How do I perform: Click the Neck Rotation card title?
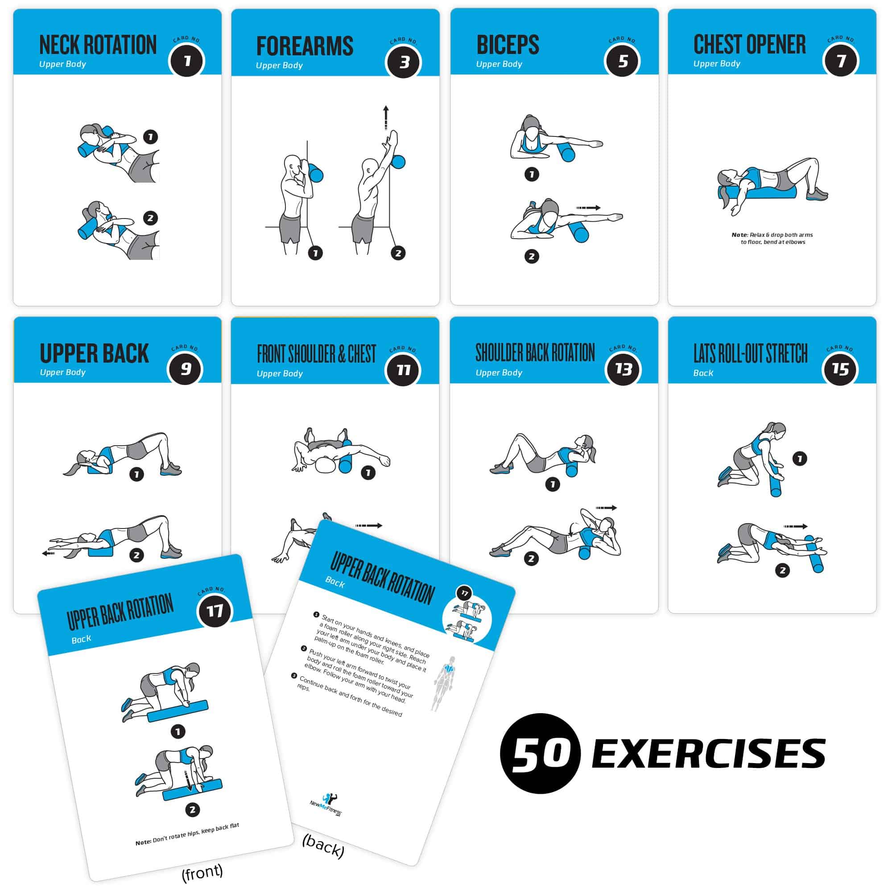[x=98, y=45]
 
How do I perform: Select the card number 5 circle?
[x=623, y=61]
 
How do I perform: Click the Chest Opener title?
[x=749, y=45]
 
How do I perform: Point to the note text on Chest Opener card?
[x=772, y=238]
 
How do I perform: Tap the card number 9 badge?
[x=185, y=368]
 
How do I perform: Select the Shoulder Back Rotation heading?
[x=535, y=353]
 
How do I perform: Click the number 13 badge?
[x=623, y=369]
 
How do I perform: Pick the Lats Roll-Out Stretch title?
[x=750, y=354]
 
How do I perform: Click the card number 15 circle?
[x=840, y=369]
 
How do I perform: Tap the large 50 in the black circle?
[x=540, y=754]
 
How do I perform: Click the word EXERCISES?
[x=708, y=754]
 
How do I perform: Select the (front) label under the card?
[x=202, y=871]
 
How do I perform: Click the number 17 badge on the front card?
[x=215, y=611]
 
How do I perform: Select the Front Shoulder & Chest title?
[x=316, y=354]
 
